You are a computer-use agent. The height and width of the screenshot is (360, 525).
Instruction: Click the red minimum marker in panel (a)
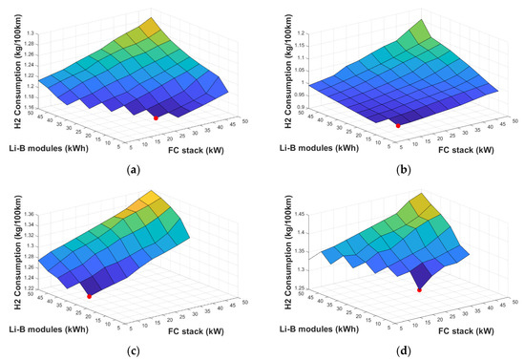point(156,116)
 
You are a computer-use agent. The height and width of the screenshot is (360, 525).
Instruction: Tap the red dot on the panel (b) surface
point(398,125)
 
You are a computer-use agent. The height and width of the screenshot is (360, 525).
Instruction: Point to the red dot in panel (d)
point(419,290)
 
